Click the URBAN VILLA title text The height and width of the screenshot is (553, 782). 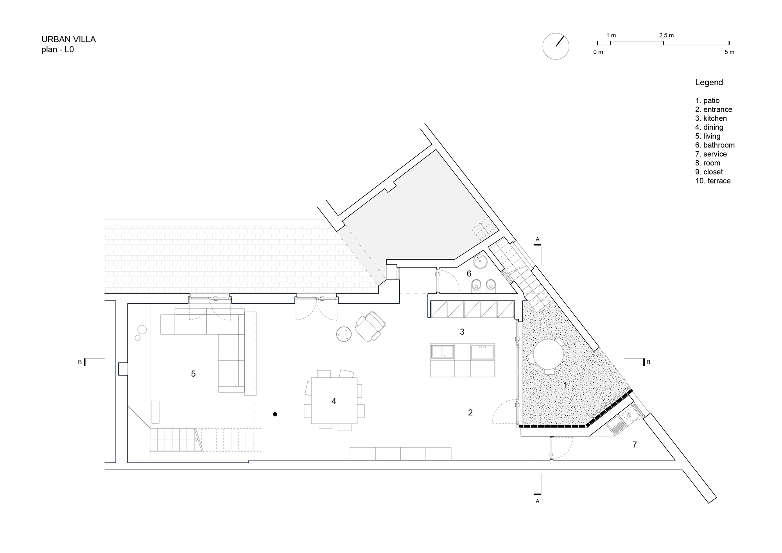pos(68,39)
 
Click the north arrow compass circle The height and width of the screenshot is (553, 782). pos(556,46)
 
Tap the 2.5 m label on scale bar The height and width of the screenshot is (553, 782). pos(666,35)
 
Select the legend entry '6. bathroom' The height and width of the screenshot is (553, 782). pos(715,145)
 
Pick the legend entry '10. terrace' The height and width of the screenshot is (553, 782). pos(713,181)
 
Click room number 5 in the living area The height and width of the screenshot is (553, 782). pos(193,374)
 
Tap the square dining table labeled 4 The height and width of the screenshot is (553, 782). pos(334,400)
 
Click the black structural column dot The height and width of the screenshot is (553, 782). pos(275,414)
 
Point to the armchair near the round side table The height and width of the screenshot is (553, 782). pos(370,327)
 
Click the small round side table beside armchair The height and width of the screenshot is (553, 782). pos(344,334)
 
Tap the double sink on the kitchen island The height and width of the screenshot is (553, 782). pos(443,351)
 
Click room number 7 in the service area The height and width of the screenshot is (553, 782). pos(635,445)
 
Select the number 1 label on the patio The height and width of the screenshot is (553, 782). pos(565,386)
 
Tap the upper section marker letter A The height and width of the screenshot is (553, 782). pos(537,239)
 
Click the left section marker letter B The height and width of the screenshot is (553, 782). pos(80,362)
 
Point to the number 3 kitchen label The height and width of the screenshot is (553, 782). pos(462,332)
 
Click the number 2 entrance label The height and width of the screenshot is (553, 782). pos(470,412)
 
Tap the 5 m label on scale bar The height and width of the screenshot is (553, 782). pos(729,52)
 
